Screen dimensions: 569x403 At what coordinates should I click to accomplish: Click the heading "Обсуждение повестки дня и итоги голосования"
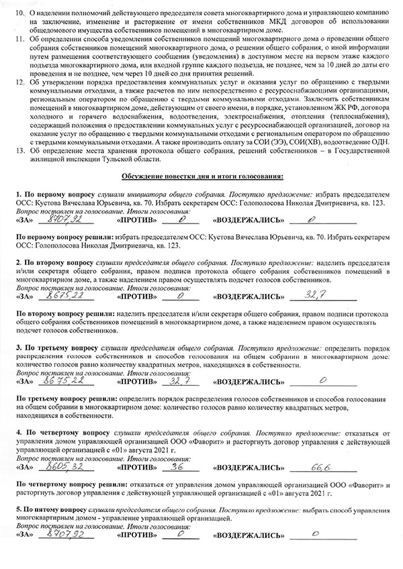[201, 175]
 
